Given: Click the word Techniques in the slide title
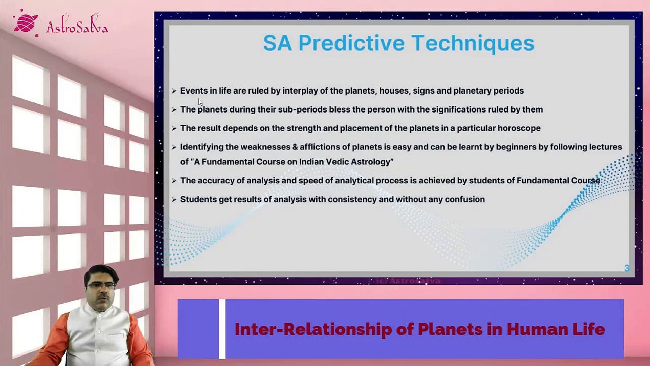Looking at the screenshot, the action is click(x=473, y=43).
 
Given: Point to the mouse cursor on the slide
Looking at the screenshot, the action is click(x=201, y=102).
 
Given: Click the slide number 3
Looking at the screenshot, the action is click(x=627, y=268).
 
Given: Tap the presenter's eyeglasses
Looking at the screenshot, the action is click(x=100, y=285).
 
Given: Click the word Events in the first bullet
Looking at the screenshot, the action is click(x=194, y=91).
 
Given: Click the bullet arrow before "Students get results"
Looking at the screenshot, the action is click(x=174, y=200).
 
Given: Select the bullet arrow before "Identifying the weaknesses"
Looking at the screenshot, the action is click(x=174, y=147).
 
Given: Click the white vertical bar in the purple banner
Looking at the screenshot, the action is click(x=222, y=329).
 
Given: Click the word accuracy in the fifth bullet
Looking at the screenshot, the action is click(x=216, y=181).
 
